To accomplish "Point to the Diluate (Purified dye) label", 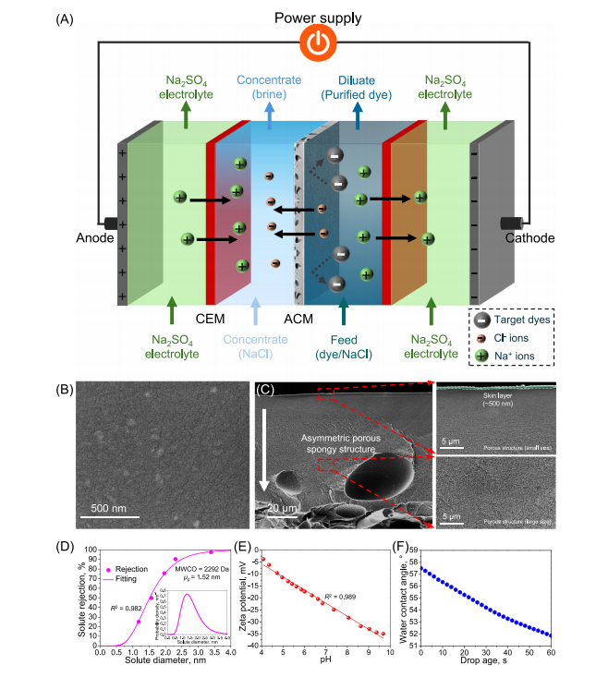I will (x=358, y=86).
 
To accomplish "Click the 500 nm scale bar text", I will (x=116, y=506).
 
